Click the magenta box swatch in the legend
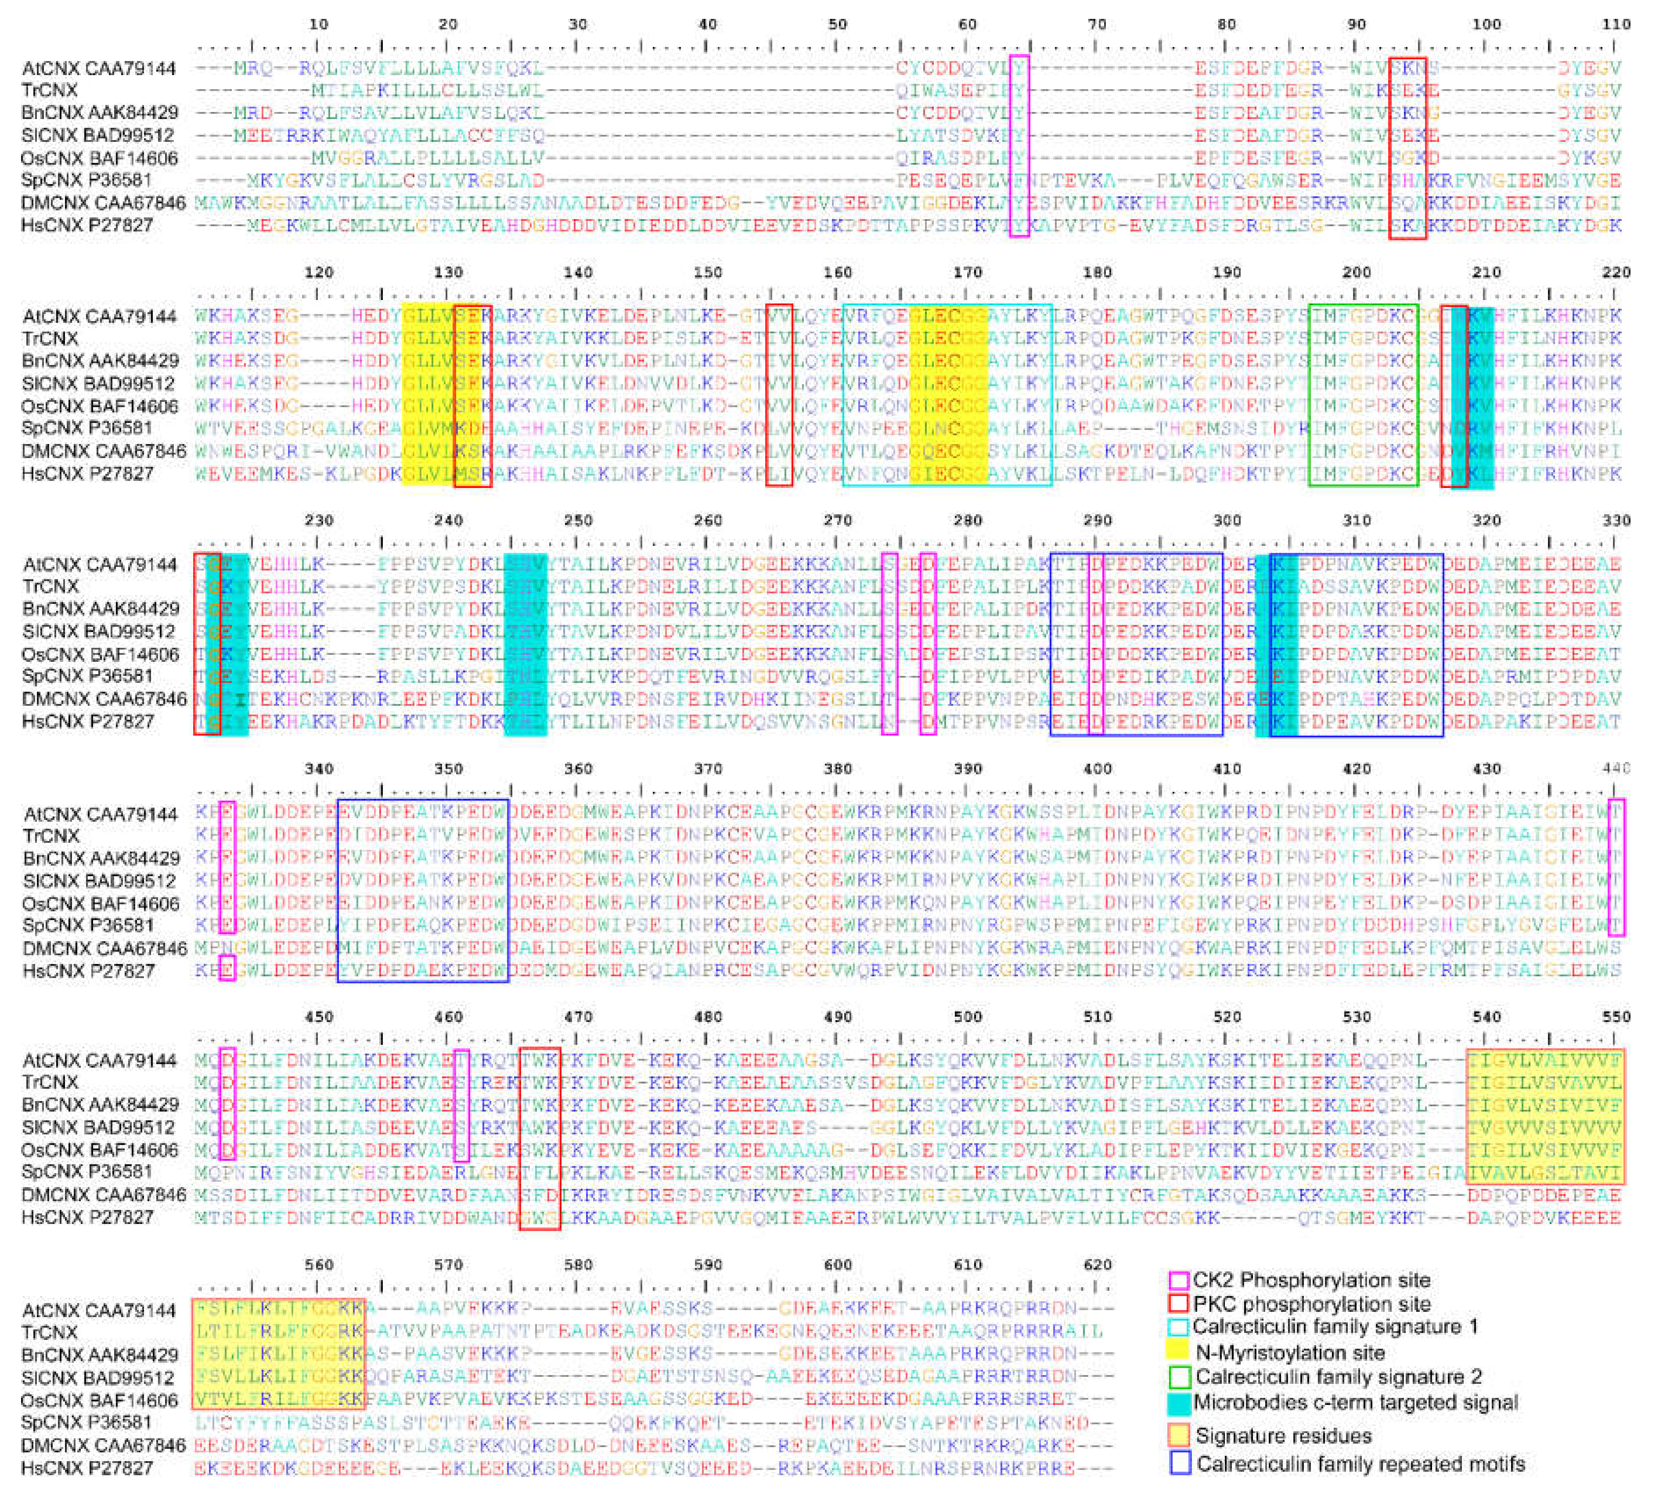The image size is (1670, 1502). [1179, 1280]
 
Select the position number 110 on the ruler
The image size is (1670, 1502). [1616, 24]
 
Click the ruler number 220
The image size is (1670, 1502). [1616, 272]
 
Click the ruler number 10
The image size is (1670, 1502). [318, 24]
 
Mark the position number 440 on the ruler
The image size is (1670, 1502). [1616, 768]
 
